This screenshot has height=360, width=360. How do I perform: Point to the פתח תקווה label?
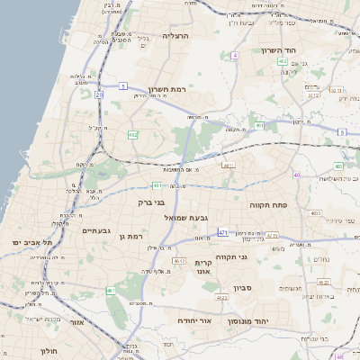click(268, 205)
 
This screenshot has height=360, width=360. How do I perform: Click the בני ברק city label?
click(151, 202)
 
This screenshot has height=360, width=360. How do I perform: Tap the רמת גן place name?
click(130, 236)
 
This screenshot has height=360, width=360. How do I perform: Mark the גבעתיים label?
click(96, 231)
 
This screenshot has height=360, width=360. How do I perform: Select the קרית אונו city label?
click(203, 267)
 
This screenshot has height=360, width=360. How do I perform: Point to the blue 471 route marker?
click(222, 232)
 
